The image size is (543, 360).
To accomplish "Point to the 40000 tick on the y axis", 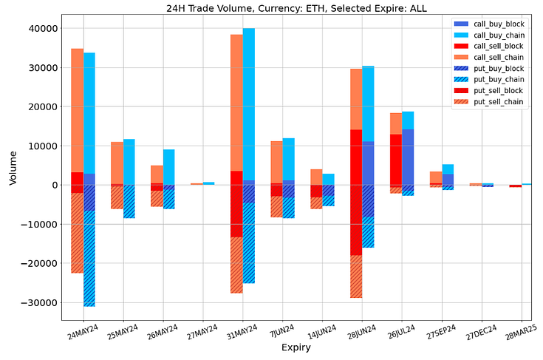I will pyautogui.click(x=46, y=29).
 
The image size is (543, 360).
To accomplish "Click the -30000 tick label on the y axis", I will pyautogui.click(x=43, y=302).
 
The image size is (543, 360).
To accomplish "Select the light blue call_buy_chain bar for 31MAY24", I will pyautogui.click(x=249, y=103).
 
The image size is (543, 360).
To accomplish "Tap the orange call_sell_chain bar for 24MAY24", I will pyautogui.click(x=77, y=111).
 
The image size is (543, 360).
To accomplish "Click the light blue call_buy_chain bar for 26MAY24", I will pyautogui.click(x=169, y=167).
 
